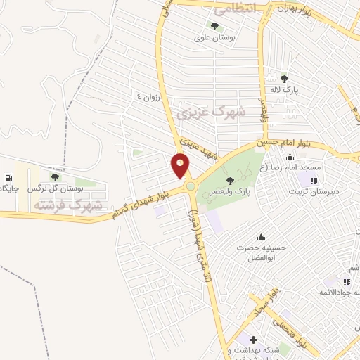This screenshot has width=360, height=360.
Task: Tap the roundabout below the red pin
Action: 190,186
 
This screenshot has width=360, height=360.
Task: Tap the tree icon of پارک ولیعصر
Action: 230,180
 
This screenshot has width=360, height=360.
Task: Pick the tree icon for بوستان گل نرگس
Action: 55,178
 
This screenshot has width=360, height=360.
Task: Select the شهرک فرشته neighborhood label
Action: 67,205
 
